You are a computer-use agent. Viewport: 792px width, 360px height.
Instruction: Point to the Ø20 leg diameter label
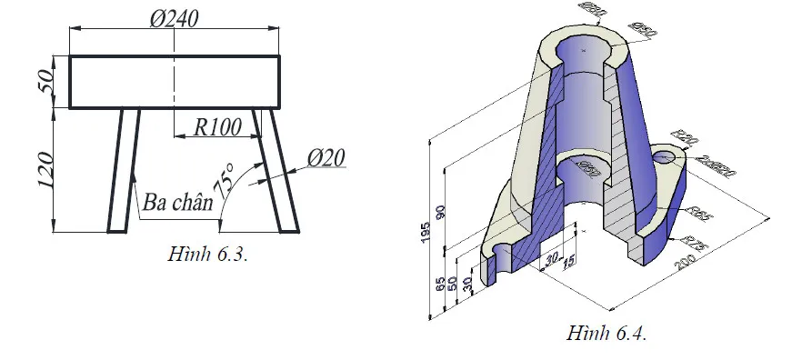coord(326,158)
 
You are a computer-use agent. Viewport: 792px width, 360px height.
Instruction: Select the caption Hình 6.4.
coord(606,334)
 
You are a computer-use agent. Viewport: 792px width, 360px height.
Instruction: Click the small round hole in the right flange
coord(666,157)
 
